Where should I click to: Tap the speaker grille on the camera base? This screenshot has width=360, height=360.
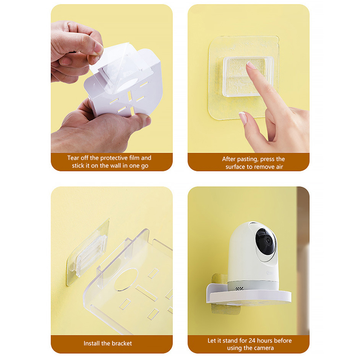point(239,288)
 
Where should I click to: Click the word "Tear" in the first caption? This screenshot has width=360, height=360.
point(73,158)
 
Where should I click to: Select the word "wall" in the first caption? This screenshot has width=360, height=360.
point(116,166)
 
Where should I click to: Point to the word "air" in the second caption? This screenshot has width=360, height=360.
point(279,166)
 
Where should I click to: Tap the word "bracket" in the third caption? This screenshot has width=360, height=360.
point(121,343)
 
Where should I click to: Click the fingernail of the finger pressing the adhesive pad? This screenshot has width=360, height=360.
point(251,66)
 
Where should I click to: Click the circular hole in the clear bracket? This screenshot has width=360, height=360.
point(126,279)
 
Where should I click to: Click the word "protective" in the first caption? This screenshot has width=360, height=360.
point(114,158)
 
